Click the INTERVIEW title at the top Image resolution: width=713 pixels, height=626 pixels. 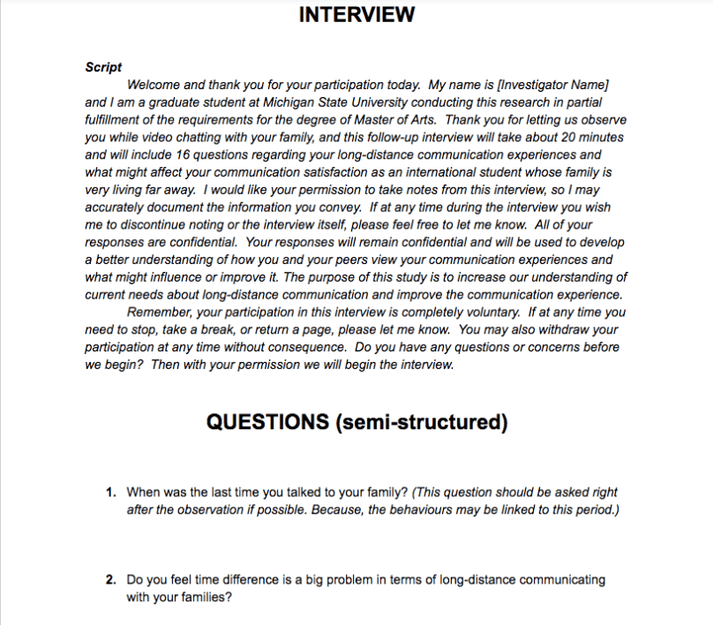356,15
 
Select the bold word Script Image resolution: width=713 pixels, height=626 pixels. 103,67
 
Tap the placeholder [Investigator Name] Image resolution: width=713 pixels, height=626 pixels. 554,85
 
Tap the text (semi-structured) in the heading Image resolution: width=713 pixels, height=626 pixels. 421,422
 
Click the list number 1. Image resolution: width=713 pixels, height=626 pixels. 111,492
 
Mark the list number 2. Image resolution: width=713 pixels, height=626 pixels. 111,580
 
